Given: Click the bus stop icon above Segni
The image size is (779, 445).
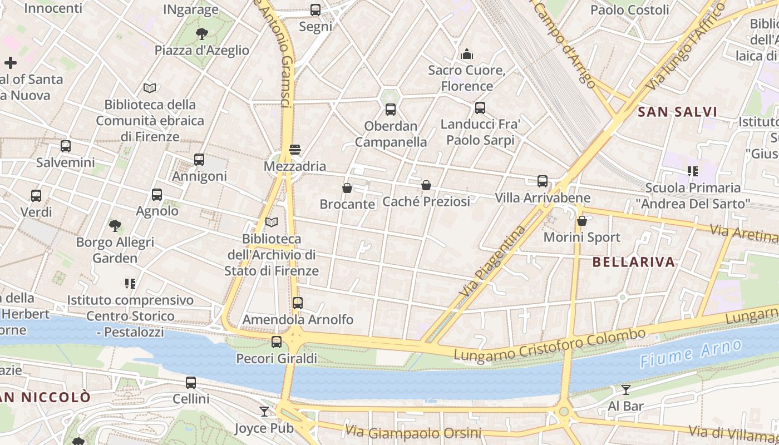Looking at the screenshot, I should (315, 9).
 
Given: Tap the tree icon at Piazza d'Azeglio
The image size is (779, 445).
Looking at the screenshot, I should (202, 34).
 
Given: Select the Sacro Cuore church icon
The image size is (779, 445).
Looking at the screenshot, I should (467, 54).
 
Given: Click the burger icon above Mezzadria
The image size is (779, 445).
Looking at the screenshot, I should (295, 149).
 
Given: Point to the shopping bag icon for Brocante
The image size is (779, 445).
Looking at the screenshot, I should (347, 188).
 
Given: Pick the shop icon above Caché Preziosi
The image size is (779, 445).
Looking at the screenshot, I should (426, 185).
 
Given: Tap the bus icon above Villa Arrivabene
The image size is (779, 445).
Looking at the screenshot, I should (543, 181).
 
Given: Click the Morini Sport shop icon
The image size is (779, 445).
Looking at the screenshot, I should (582, 221).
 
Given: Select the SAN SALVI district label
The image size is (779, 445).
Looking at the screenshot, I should (677, 112).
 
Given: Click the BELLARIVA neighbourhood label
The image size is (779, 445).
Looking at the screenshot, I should (634, 262).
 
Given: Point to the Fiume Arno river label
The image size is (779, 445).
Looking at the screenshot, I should (691, 354).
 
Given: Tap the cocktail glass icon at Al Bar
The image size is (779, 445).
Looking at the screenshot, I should (626, 390).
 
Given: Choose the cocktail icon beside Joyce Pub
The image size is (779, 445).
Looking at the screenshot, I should (264, 412).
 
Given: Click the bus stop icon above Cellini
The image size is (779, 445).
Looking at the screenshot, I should (191, 383).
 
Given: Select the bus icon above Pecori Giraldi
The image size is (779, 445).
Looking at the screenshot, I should (277, 342).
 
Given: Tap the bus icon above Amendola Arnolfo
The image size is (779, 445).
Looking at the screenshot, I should (298, 303).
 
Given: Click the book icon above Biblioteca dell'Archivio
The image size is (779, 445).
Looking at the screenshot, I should (272, 222).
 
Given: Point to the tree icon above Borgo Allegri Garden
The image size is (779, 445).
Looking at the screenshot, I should (115, 226).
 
